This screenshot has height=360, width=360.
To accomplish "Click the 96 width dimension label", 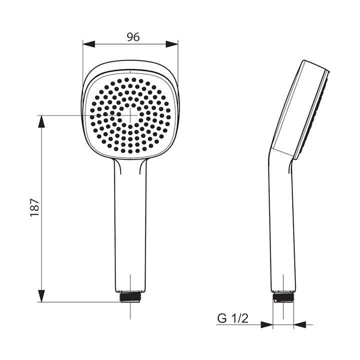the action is pyautogui.click(x=133, y=37).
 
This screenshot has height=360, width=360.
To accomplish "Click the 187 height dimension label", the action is pyautogui.click(x=35, y=207).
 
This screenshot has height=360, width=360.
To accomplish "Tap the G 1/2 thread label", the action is pyautogui.click(x=233, y=318).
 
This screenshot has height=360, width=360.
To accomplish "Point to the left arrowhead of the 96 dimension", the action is pyautogui.click(x=88, y=44).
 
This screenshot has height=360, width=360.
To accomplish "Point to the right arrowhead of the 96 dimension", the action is pyautogui.click(x=172, y=44).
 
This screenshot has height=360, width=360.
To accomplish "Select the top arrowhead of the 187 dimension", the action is pyautogui.click(x=41, y=121).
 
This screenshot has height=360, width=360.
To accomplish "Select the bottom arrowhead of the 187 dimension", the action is pyautogui.click(x=41, y=296).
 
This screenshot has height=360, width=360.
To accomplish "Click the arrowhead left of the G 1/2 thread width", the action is pyautogui.click(x=267, y=324).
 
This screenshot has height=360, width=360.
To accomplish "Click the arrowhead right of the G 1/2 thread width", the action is pyautogui.click(x=300, y=324).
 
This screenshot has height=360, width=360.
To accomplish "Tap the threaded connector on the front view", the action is pyautogui.click(x=130, y=297).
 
